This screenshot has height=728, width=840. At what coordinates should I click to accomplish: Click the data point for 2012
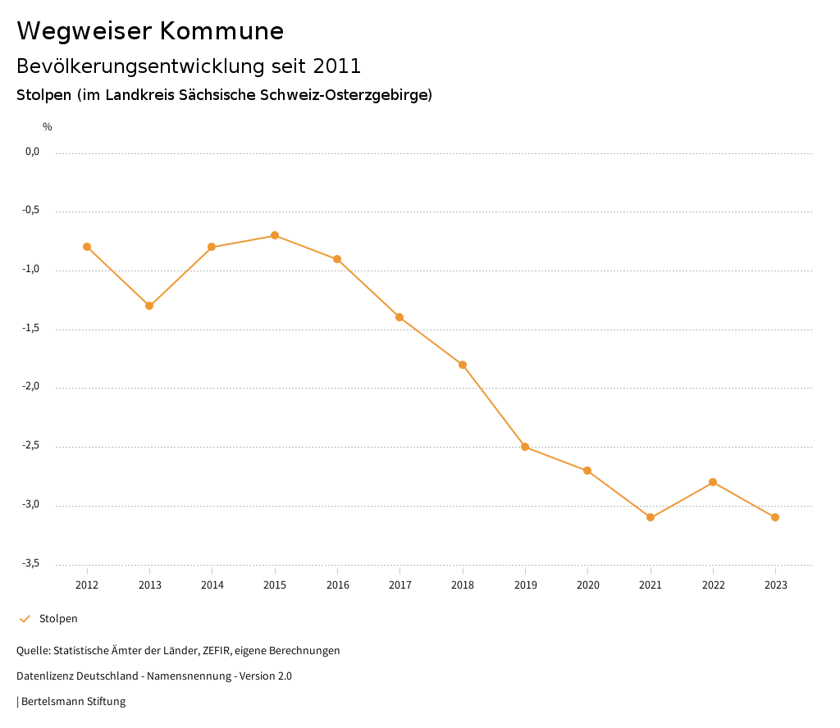[87, 247]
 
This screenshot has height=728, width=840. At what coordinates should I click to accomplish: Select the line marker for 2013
[149, 306]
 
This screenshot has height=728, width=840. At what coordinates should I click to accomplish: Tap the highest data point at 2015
[275, 235]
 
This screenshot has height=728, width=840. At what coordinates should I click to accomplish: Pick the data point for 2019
[525, 447]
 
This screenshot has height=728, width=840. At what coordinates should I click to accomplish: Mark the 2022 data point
[713, 482]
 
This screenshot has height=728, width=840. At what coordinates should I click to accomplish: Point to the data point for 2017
[399, 317]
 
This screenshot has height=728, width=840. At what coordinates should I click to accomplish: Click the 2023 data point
[775, 517]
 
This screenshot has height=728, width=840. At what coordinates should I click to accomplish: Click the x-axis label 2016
[337, 585]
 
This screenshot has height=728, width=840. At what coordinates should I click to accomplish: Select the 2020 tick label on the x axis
[587, 585]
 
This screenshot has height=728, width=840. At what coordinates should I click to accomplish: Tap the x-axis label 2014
[212, 585]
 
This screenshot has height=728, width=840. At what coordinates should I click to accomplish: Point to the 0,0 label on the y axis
[32, 152]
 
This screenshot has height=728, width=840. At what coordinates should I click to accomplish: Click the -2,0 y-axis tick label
[31, 387]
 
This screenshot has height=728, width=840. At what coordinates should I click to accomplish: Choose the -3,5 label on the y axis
[31, 563]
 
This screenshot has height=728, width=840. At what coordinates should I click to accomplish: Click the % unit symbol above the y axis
[48, 127]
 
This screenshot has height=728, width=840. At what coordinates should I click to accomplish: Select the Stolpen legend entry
[58, 619]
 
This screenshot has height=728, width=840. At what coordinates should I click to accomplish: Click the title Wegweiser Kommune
[150, 31]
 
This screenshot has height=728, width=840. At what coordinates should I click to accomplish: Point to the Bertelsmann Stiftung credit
[73, 702]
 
